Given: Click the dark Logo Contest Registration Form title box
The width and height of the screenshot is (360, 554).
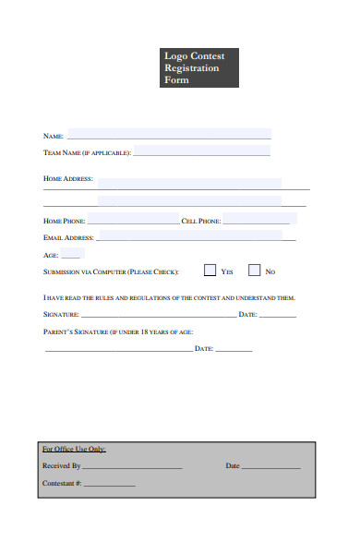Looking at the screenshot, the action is point(199,68).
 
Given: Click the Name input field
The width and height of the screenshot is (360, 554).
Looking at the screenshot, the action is point(169,134).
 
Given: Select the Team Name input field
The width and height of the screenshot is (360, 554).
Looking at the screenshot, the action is point(203,151).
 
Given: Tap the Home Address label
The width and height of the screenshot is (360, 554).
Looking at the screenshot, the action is point(68,178).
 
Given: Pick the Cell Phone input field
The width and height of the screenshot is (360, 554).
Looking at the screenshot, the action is point(257,220).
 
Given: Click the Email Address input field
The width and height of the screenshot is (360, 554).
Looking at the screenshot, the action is point(197,236).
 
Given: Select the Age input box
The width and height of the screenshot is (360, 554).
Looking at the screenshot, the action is point(73,254).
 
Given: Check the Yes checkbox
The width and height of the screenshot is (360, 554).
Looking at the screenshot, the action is point(210,271).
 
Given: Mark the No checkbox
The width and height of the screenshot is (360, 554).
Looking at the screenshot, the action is point(254,271).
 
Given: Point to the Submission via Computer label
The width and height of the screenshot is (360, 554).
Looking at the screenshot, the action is point(111,272).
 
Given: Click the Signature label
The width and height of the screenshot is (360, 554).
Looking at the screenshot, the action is point(63,315).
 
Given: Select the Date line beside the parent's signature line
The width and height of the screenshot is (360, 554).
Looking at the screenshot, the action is point(234,350).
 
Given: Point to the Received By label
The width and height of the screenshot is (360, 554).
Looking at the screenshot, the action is point(62,466).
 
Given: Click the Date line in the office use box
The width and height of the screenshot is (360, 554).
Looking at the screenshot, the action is point(271,468).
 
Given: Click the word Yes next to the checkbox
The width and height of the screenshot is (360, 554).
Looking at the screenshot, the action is point(227,271).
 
